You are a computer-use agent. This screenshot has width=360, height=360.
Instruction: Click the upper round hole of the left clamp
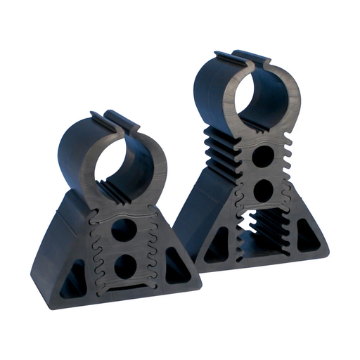[x=124, y=230]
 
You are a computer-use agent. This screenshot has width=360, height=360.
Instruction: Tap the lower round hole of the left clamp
[x=124, y=264]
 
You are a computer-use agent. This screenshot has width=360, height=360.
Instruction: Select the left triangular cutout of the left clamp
[x=73, y=278]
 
